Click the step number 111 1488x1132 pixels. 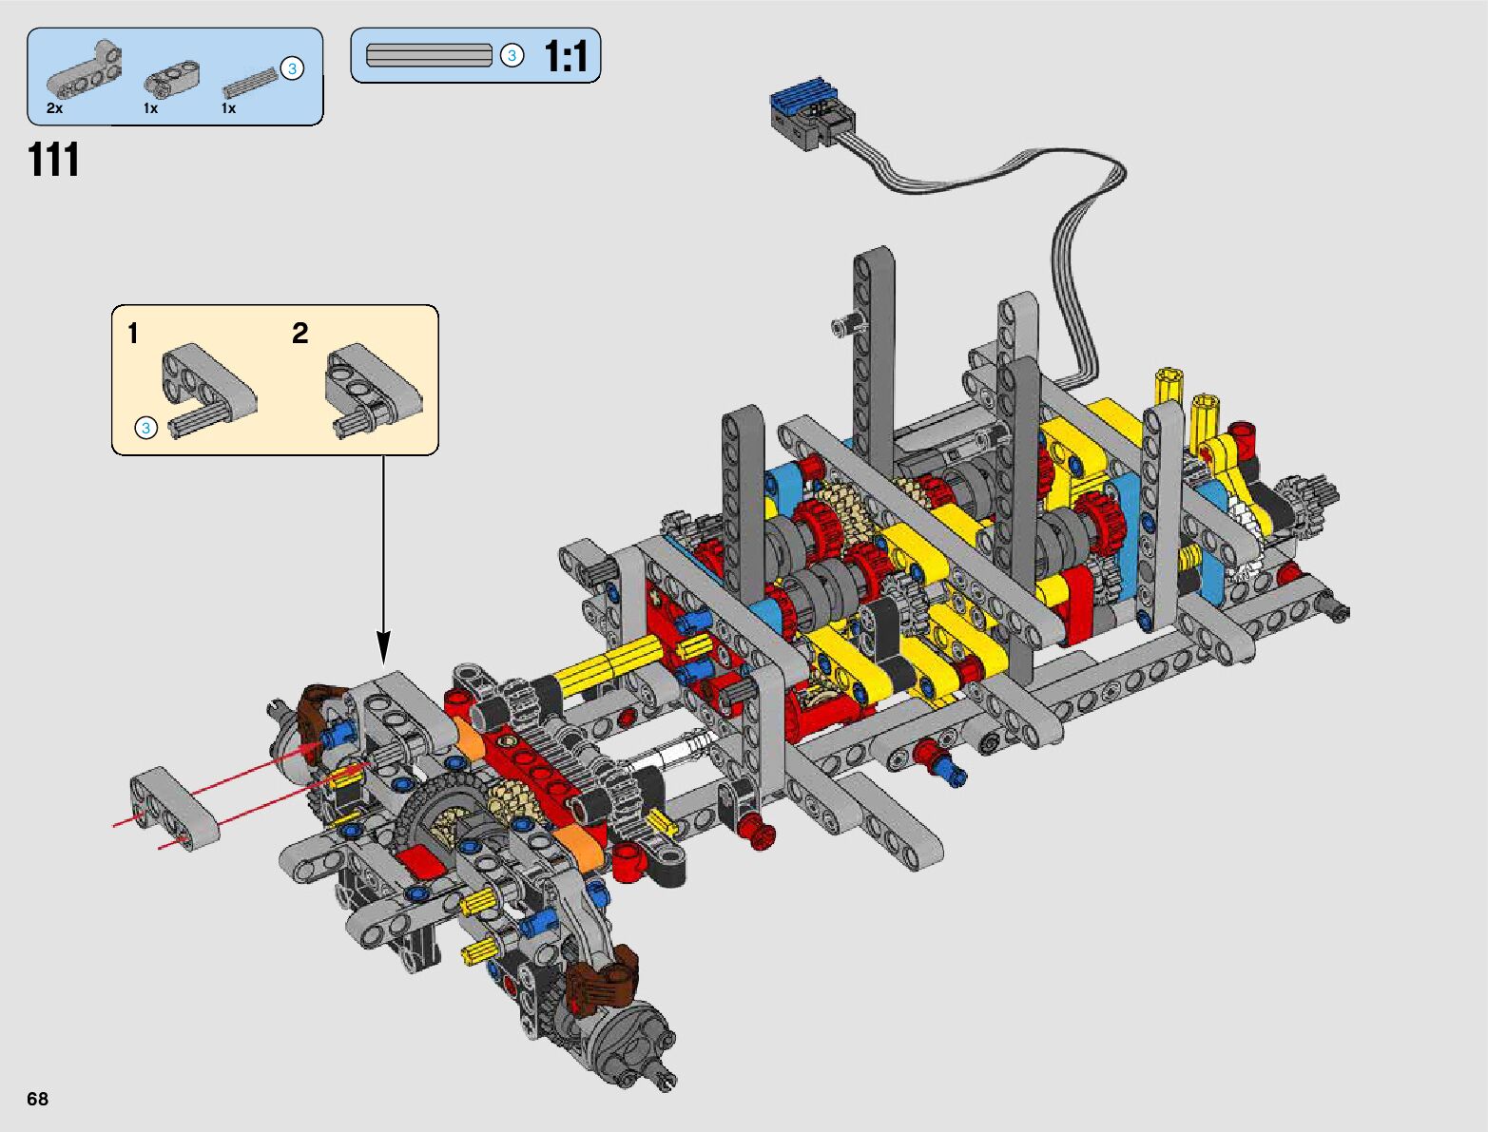pyautogui.click(x=53, y=160)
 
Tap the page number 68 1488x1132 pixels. pyautogui.click(x=38, y=1098)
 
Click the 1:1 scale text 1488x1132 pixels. pyautogui.click(x=566, y=55)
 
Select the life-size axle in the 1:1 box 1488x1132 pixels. pyautogui.click(x=429, y=55)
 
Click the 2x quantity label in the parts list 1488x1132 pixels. pyautogui.click(x=55, y=108)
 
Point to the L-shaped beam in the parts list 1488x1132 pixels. pyautogui.click(x=85, y=67)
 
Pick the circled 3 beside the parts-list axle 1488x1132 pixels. pyautogui.click(x=292, y=68)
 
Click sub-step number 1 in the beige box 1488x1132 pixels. pyautogui.click(x=133, y=333)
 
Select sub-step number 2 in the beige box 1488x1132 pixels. pyautogui.click(x=300, y=333)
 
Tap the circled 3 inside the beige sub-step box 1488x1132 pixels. pyautogui.click(x=145, y=428)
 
